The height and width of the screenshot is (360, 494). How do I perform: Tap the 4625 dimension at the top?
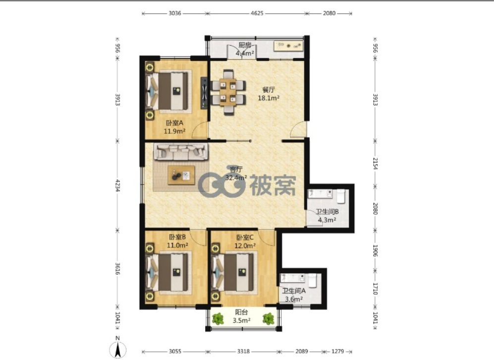pyautogui.click(x=257, y=13)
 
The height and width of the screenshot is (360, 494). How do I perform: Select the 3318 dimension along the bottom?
pyautogui.click(x=243, y=351)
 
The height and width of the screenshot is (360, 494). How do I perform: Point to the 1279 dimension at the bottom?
pyautogui.click(x=337, y=351)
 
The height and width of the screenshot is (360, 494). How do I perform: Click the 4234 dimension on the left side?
pyautogui.click(x=117, y=185)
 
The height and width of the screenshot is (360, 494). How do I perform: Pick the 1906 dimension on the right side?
pyautogui.click(x=375, y=250)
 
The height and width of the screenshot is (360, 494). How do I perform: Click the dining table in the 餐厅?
pyautogui.click(x=228, y=92)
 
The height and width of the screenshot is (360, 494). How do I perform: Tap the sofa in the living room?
pyautogui.click(x=181, y=151)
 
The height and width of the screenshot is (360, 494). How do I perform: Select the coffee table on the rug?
pyautogui.click(x=181, y=175)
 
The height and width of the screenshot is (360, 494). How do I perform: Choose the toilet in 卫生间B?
pyautogui.click(x=341, y=196)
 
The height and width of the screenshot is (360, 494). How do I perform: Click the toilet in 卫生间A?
pyautogui.click(x=312, y=281)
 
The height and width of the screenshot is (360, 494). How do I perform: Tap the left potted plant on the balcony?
pyautogui.click(x=218, y=319)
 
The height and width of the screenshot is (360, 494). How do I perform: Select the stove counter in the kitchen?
pyautogui.click(x=288, y=46)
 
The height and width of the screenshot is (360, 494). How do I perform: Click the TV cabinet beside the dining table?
pyautogui.click(x=204, y=93)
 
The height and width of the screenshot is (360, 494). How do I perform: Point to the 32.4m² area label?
pyautogui.click(x=236, y=178)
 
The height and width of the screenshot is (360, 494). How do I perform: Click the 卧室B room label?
pyautogui.click(x=177, y=237)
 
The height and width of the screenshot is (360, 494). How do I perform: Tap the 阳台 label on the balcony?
pyautogui.click(x=242, y=312)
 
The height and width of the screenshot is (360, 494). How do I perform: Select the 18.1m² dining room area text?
pyautogui.click(x=269, y=98)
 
